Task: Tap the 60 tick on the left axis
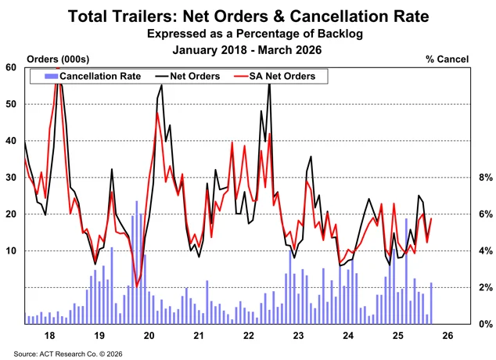[x=11, y=67]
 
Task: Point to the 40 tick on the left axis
[x=11, y=141]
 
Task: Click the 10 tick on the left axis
[x=11, y=250]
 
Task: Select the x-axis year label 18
[x=49, y=335]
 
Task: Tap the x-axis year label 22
[x=249, y=335]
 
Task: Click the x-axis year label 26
[x=448, y=335]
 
